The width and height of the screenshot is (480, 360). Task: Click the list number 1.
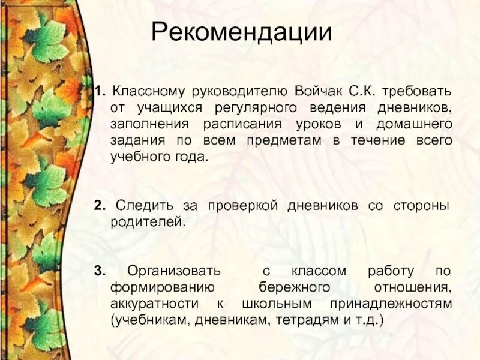[98, 94]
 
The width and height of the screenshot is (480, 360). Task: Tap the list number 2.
[98, 206]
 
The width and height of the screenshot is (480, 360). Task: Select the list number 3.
[98, 271]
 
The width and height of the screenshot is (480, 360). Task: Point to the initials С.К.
[360, 94]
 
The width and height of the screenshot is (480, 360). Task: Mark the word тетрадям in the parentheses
[304, 320]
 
